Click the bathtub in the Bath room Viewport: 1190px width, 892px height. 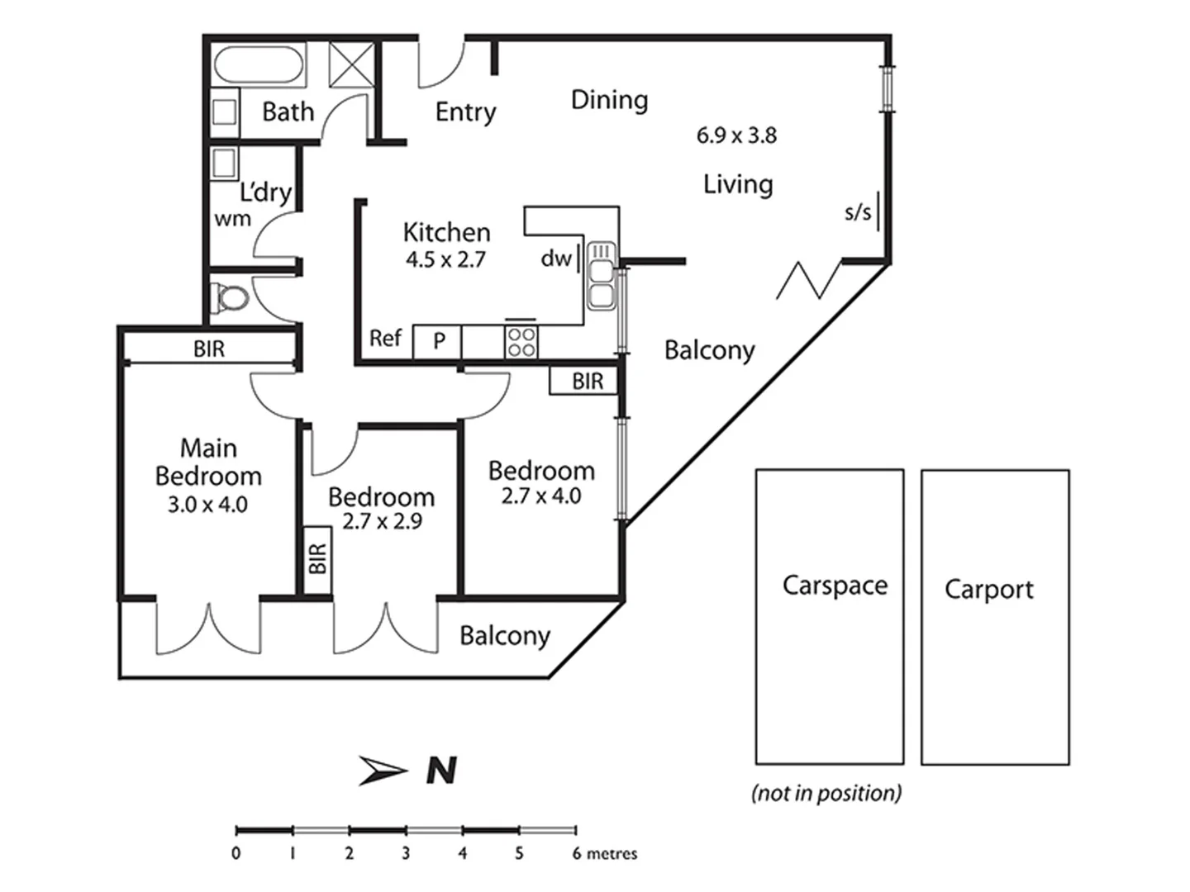pyautogui.click(x=259, y=64)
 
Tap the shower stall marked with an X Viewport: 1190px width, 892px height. pyautogui.click(x=351, y=64)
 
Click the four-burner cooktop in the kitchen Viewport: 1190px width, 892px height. pyautogui.click(x=521, y=341)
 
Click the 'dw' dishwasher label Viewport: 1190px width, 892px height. pyautogui.click(x=556, y=259)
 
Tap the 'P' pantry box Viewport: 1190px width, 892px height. pyautogui.click(x=439, y=340)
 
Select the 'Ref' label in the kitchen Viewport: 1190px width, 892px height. pyautogui.click(x=385, y=338)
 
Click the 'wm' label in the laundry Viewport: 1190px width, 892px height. pyautogui.click(x=232, y=219)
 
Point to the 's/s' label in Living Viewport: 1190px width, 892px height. pyautogui.click(x=858, y=212)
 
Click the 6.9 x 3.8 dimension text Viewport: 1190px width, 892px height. pyautogui.click(x=736, y=135)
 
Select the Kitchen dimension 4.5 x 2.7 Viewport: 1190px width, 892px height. pyautogui.click(x=445, y=259)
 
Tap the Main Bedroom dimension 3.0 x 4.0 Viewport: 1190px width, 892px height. pyautogui.click(x=207, y=504)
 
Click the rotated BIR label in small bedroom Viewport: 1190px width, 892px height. pyautogui.click(x=317, y=559)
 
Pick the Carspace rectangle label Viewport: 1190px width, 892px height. pyautogui.click(x=835, y=585)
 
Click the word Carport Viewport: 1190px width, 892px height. pyautogui.click(x=988, y=589)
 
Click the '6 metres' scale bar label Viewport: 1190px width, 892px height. pyautogui.click(x=604, y=853)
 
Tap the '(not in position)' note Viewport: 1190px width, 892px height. pyautogui.click(x=826, y=793)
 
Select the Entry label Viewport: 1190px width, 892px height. pyautogui.click(x=465, y=111)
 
